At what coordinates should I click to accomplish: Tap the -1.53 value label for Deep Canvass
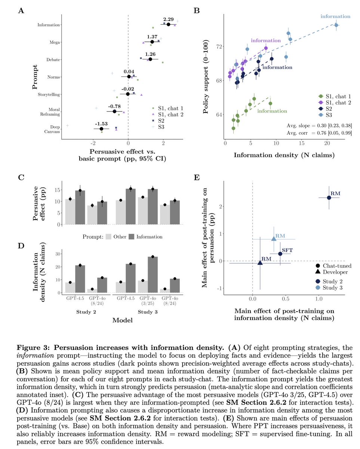point(101,124)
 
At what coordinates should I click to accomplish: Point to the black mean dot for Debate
point(150,59)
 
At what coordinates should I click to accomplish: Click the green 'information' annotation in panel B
point(272,111)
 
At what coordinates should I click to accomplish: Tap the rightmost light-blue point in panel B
point(336,25)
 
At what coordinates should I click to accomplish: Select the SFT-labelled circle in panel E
point(280,254)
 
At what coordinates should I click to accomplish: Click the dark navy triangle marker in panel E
point(260,263)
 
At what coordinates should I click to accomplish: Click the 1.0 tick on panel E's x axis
point(319,299)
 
